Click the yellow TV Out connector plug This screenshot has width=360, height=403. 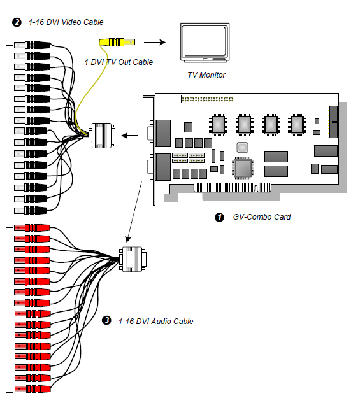click(117, 42)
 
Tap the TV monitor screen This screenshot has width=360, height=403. click(205, 41)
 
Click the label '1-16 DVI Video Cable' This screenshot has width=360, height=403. click(66, 22)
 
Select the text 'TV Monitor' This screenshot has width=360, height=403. click(206, 74)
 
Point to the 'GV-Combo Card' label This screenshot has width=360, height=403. click(262, 217)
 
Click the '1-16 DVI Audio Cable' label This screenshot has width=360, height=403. click(156, 322)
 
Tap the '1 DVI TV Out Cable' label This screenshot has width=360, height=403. click(119, 62)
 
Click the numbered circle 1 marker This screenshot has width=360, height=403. click(219, 218)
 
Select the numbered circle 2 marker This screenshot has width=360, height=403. click(17, 22)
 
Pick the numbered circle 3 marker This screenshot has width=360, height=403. click(106, 320)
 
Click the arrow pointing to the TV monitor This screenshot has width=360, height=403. click(155, 42)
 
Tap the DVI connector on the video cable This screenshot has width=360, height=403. click(102, 136)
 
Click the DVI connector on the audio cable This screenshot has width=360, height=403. click(133, 259)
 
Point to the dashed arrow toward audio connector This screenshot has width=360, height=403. click(134, 212)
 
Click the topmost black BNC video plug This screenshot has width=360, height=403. click(32, 45)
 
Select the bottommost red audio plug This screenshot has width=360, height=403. click(32, 389)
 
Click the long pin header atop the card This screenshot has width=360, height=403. click(208, 99)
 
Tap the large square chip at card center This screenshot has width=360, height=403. click(243, 168)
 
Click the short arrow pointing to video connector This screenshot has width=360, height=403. click(129, 135)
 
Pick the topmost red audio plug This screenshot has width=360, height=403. click(32, 228)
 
